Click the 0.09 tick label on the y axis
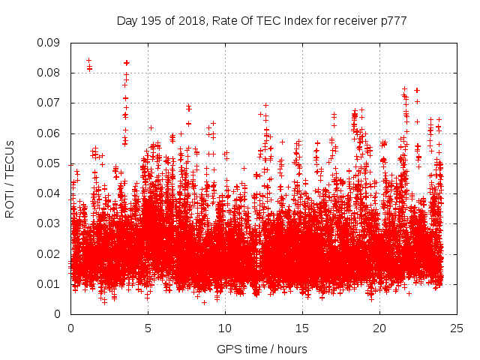(49, 43)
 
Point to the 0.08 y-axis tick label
(49, 73)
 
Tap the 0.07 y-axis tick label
(49, 103)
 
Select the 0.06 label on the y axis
(49, 133)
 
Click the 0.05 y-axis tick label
(49, 163)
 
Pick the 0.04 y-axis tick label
(49, 193)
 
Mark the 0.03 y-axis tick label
(49, 223)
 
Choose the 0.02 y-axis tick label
(49, 253)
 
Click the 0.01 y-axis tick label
(49, 283)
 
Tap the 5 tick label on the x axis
(148, 328)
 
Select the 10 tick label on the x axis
(225, 328)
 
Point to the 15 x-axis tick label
(302, 328)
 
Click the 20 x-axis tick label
(379, 328)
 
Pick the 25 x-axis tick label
(457, 328)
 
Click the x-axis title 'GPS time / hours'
(262, 349)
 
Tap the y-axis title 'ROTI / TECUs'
(10, 178)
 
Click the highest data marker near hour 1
(88, 61)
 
